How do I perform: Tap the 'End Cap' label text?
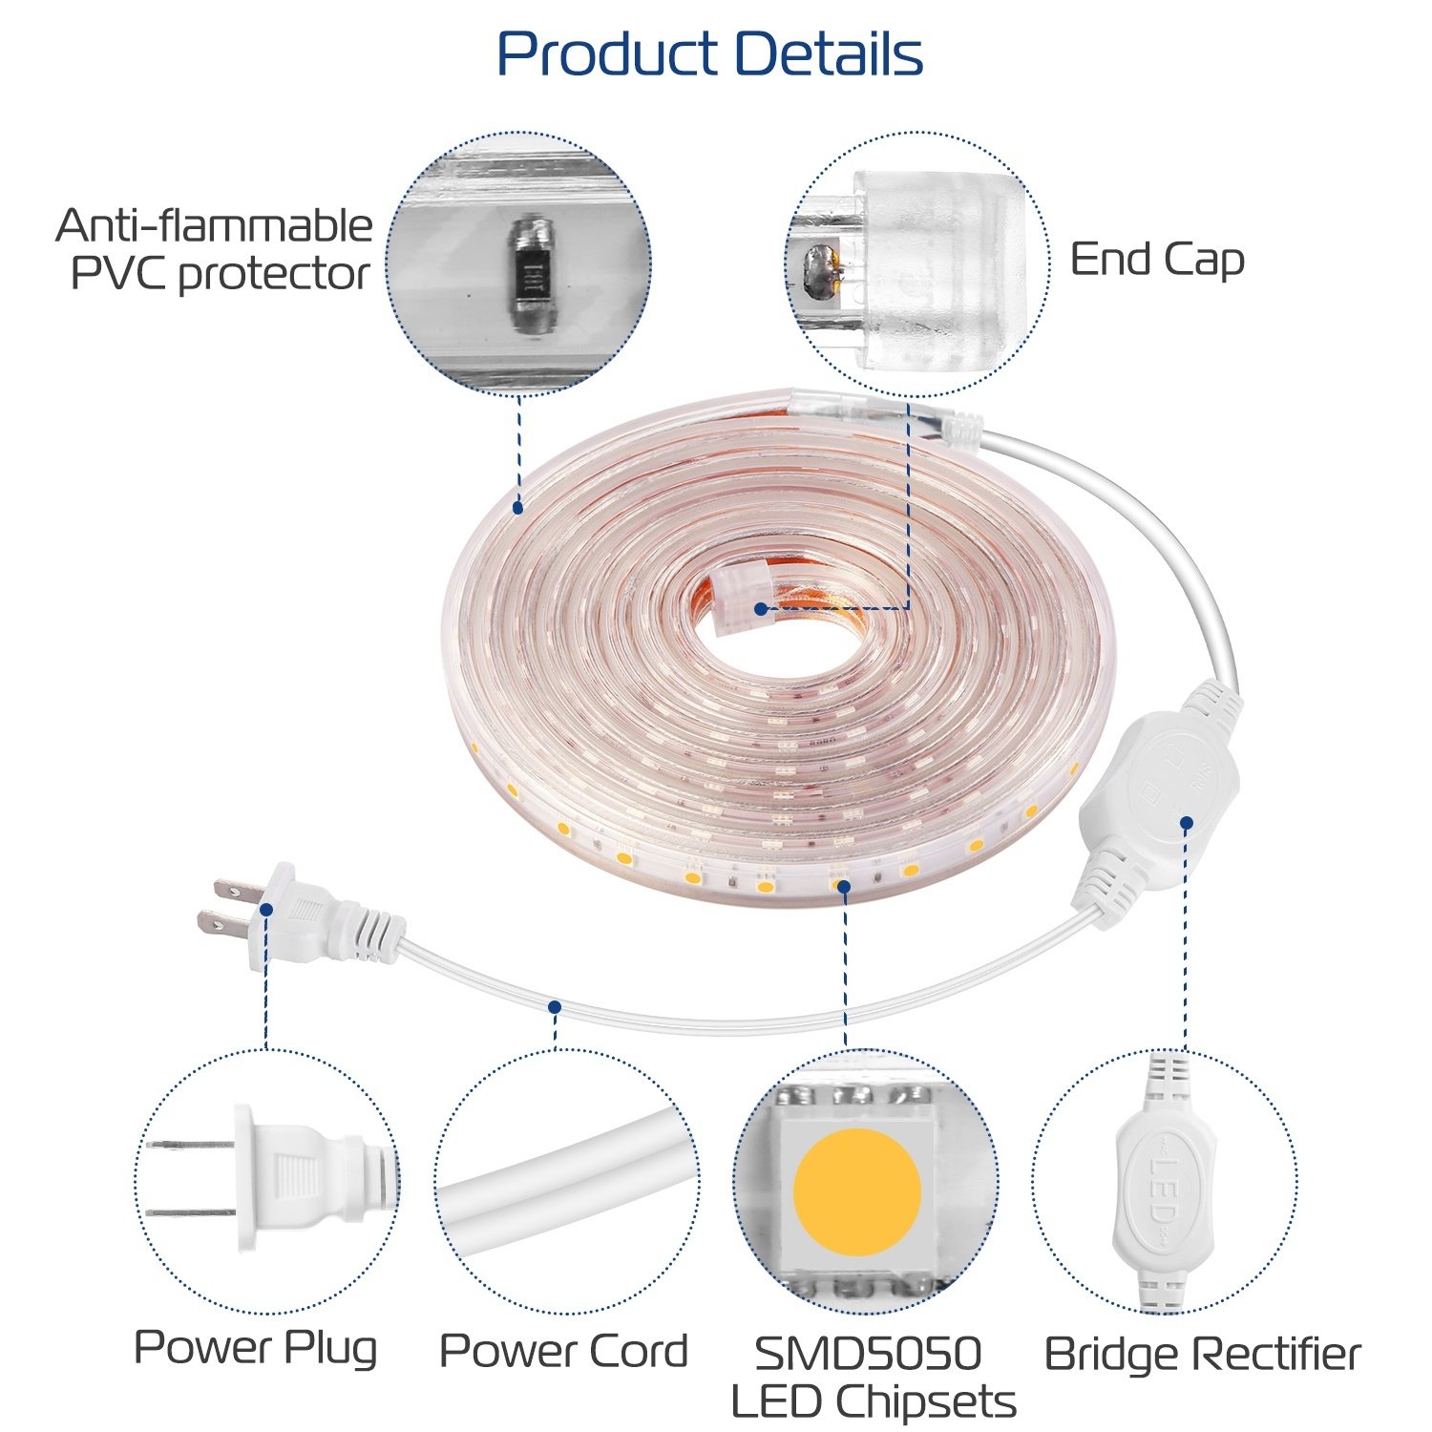pyautogui.click(x=1156, y=260)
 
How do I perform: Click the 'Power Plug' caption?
pyautogui.click(x=255, y=1347)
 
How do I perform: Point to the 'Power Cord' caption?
pyautogui.click(x=563, y=1351)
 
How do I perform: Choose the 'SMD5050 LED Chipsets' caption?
pyautogui.click(x=872, y=1378)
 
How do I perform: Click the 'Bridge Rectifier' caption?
pyautogui.click(x=1202, y=1354)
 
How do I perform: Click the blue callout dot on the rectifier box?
pyautogui.click(x=1186, y=822)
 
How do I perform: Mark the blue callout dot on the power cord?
pyautogui.click(x=555, y=1006)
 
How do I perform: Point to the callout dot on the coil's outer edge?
pyautogui.click(x=517, y=508)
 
